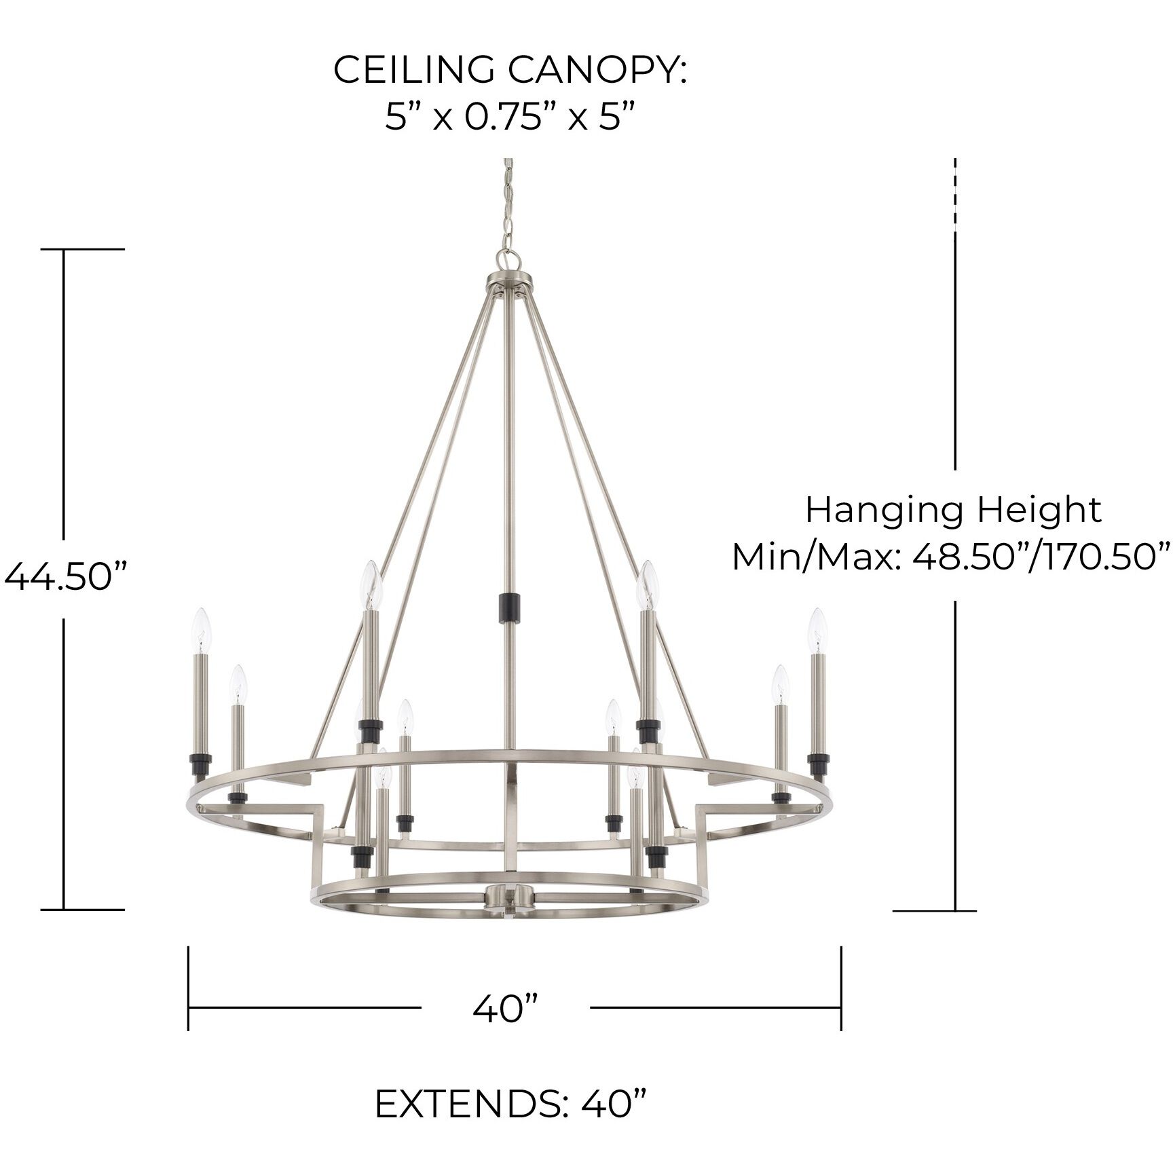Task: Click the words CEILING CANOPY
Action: [510, 70]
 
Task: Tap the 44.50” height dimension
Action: [65, 578]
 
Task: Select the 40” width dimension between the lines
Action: [506, 1009]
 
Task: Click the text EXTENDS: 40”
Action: [510, 1104]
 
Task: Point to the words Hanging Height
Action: [953, 510]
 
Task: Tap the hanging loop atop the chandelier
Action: [508, 259]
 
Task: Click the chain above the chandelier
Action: [507, 204]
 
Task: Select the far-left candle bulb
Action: [202, 629]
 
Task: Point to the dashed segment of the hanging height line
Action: [955, 197]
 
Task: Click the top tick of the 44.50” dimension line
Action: [83, 249]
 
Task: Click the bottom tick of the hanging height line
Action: [935, 911]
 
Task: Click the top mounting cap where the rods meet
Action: [509, 282]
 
